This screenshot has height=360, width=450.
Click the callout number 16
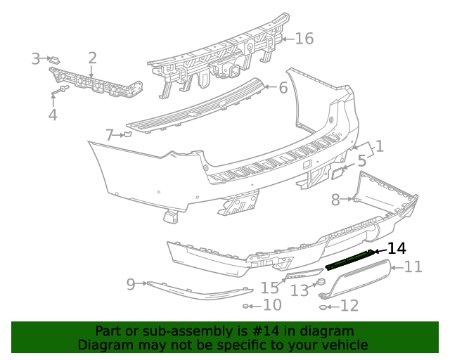304,38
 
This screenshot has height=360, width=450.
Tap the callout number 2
92,58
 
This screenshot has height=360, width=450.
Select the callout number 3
36,59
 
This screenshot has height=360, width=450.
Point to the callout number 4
53,114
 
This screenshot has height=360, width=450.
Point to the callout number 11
413,266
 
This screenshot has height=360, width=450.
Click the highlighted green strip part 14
349,258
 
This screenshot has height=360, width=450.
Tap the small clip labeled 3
55,59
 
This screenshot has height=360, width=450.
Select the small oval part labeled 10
247,306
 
